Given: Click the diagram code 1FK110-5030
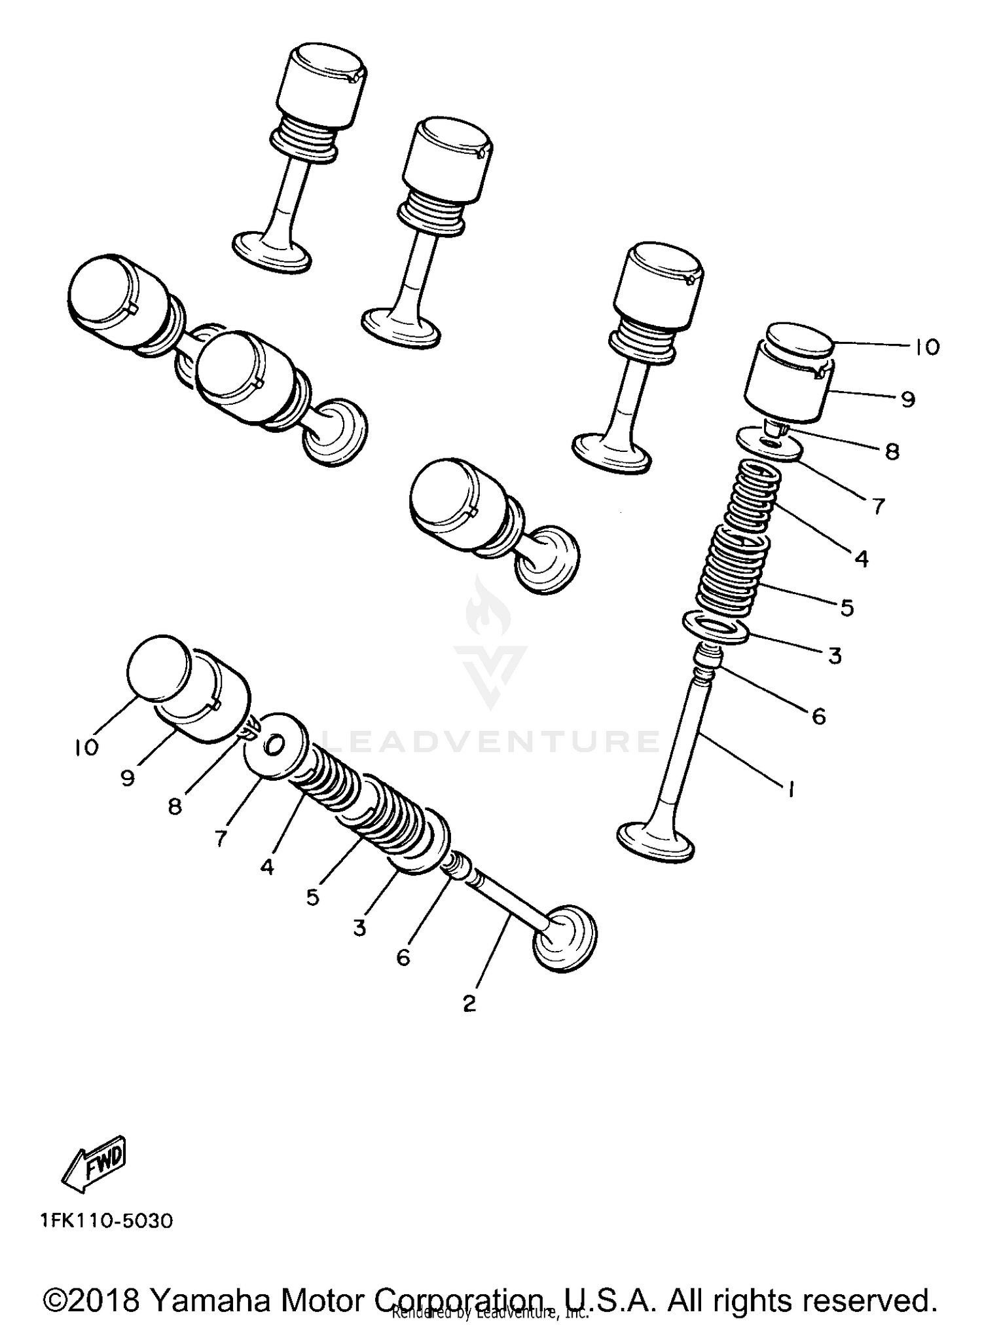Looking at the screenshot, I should (x=106, y=1221).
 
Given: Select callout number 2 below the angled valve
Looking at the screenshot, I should (x=469, y=1003).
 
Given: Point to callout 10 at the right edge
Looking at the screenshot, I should (x=926, y=346).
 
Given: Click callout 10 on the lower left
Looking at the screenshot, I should (x=86, y=747).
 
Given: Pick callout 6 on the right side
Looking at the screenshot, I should (x=818, y=716).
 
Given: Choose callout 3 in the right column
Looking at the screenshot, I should (x=834, y=655).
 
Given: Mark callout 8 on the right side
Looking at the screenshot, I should (x=892, y=451).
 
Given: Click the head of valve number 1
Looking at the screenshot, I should (x=656, y=840).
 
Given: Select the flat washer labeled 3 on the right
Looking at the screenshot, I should (x=715, y=627).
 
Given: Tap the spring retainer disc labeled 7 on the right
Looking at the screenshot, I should (x=770, y=445).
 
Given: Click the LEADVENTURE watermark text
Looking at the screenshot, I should (x=491, y=741).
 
